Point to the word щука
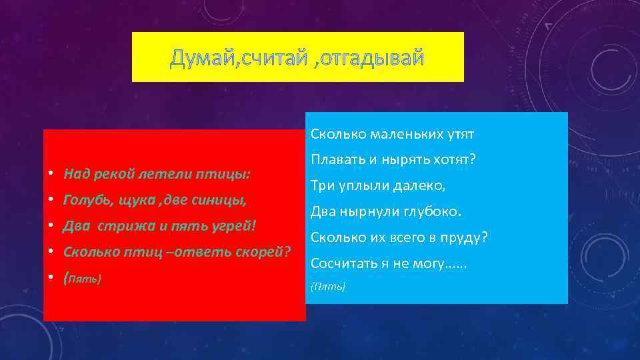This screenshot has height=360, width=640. [x=139, y=199]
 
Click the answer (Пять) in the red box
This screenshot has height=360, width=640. [x=83, y=278]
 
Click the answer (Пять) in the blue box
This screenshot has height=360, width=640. [x=328, y=287]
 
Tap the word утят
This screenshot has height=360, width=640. [x=461, y=135]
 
